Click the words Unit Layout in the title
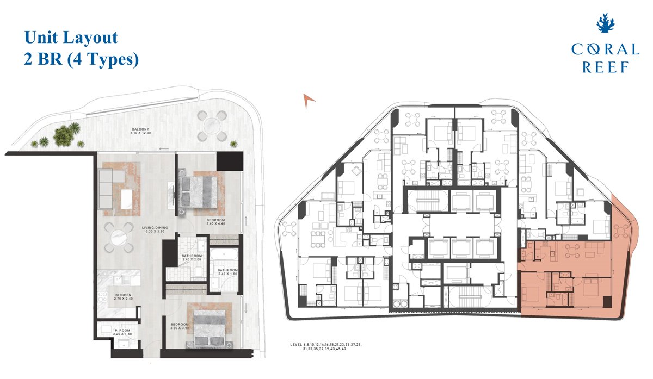coord(71,38)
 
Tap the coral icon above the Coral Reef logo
coord(605,24)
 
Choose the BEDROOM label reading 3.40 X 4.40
coord(215,221)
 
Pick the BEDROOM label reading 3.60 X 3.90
coord(180,326)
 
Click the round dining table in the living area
coord(119,238)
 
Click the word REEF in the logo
coord(605,67)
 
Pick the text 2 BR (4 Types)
coord(81,59)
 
